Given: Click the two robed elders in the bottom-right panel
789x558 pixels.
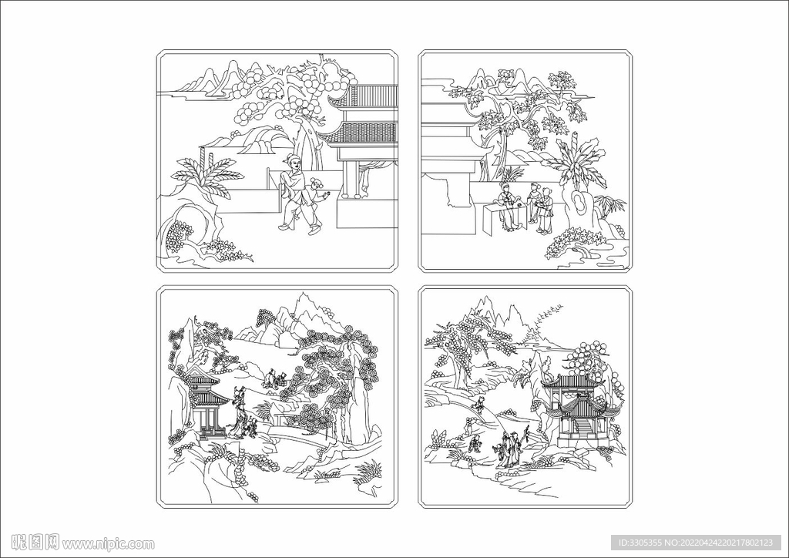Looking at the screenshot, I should [x=510, y=449].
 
